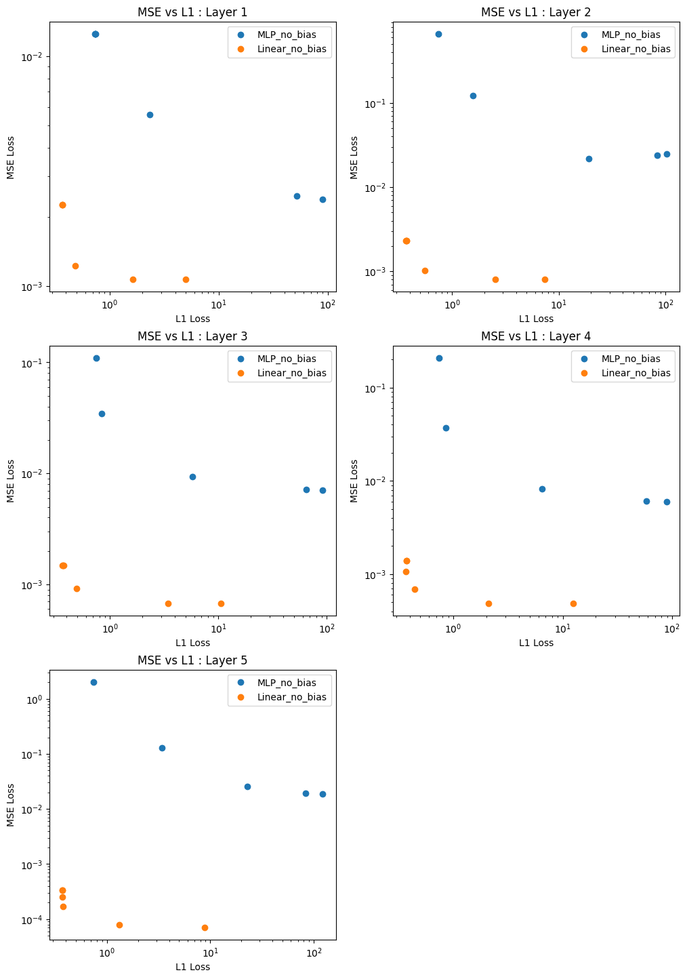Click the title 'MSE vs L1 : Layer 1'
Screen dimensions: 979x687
point(192,12)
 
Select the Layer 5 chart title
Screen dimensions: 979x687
point(192,660)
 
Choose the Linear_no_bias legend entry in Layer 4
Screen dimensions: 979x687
point(636,373)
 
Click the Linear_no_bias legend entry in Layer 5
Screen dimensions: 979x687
point(291,697)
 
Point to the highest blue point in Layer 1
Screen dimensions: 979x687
point(96,34)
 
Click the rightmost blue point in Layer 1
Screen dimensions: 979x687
point(322,199)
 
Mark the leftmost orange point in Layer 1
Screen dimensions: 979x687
point(62,205)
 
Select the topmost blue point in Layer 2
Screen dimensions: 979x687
point(438,34)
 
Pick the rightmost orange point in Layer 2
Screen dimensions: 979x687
point(545,279)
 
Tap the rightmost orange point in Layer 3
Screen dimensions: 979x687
point(221,603)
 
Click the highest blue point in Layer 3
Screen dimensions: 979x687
point(96,358)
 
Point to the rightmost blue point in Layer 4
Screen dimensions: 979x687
point(667,502)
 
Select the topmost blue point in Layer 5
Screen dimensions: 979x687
point(93,682)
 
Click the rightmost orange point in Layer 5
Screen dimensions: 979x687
point(205,927)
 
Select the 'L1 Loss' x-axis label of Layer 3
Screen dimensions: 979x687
point(192,643)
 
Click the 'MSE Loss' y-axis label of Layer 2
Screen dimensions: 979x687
point(354,157)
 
